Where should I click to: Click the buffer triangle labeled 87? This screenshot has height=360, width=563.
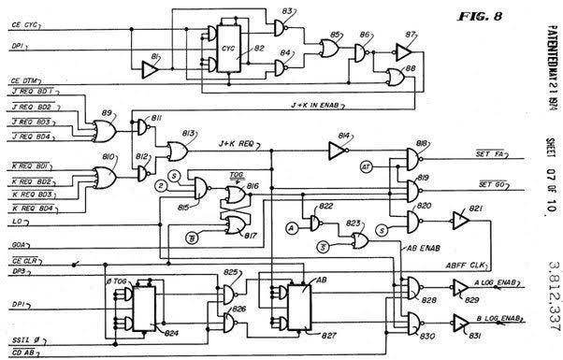tap(405, 52)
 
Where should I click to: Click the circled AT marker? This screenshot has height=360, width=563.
tap(368, 166)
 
